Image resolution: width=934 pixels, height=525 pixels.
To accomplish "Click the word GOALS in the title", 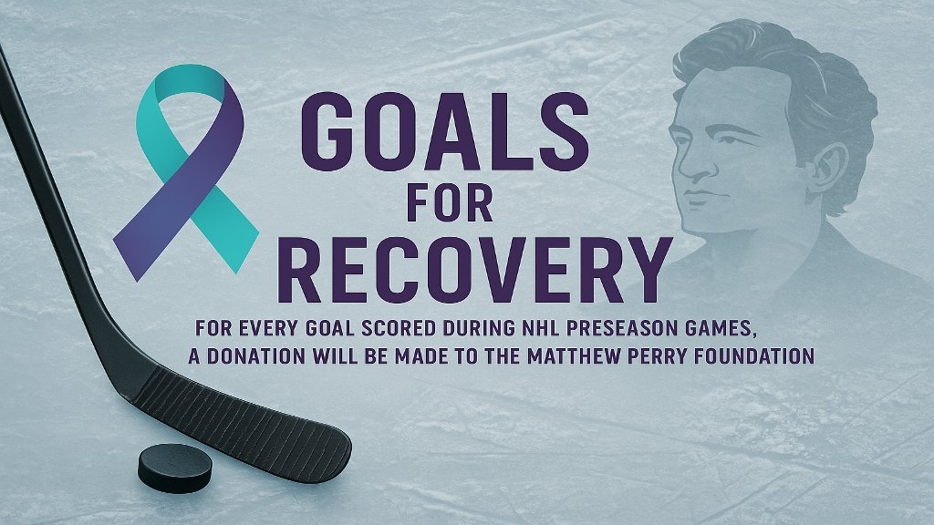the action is coord(445,132).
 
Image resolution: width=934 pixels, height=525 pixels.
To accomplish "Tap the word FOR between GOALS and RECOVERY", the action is coord(450,203).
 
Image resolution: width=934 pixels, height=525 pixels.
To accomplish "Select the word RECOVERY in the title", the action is coord(474,270).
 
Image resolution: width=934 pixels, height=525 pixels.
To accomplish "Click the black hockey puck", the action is coord(175,468).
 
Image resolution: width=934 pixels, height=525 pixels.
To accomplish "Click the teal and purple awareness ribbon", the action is coord(186,172).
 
